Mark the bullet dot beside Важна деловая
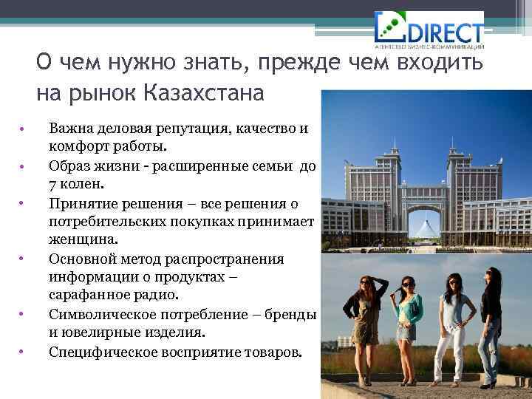tap(23, 129)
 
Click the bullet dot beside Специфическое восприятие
tap(23, 351)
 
